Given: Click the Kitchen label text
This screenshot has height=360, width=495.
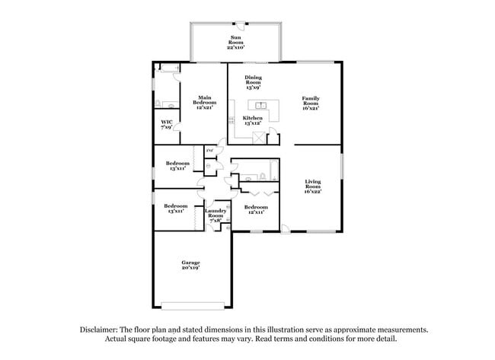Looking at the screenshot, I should point(253,118).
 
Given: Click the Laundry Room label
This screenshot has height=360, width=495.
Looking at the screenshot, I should point(216,215).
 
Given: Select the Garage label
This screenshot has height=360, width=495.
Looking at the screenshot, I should point(190,263).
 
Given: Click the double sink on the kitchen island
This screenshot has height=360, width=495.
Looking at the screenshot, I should point(260,105).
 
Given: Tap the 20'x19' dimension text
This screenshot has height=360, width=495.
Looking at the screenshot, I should point(190,267).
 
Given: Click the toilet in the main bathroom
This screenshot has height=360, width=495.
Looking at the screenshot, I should point(158,104).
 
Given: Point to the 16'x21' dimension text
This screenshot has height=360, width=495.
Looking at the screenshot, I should point(311,107).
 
